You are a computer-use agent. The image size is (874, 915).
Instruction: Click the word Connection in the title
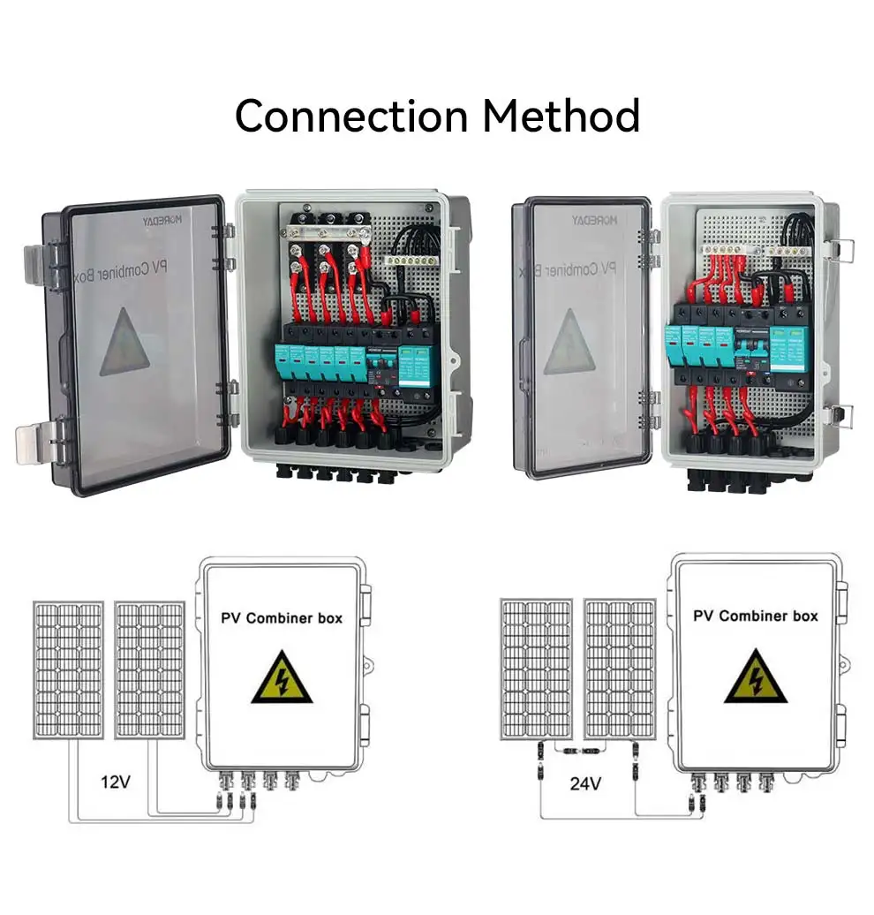click(352, 117)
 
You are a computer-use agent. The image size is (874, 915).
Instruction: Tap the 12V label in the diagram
click(116, 781)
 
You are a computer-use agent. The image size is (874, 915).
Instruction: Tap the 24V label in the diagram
click(584, 782)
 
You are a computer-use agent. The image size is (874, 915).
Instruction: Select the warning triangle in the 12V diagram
click(282, 677)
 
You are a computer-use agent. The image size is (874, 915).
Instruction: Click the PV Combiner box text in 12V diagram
click(282, 617)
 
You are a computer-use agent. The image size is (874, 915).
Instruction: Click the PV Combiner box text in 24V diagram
click(755, 616)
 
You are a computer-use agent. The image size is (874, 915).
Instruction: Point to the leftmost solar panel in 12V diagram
click(68, 669)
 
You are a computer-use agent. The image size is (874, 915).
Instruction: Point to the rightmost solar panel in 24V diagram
click(621, 669)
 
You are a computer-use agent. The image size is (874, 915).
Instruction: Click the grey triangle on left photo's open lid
click(124, 344)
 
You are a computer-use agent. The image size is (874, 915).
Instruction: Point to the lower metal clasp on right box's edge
click(842, 415)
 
